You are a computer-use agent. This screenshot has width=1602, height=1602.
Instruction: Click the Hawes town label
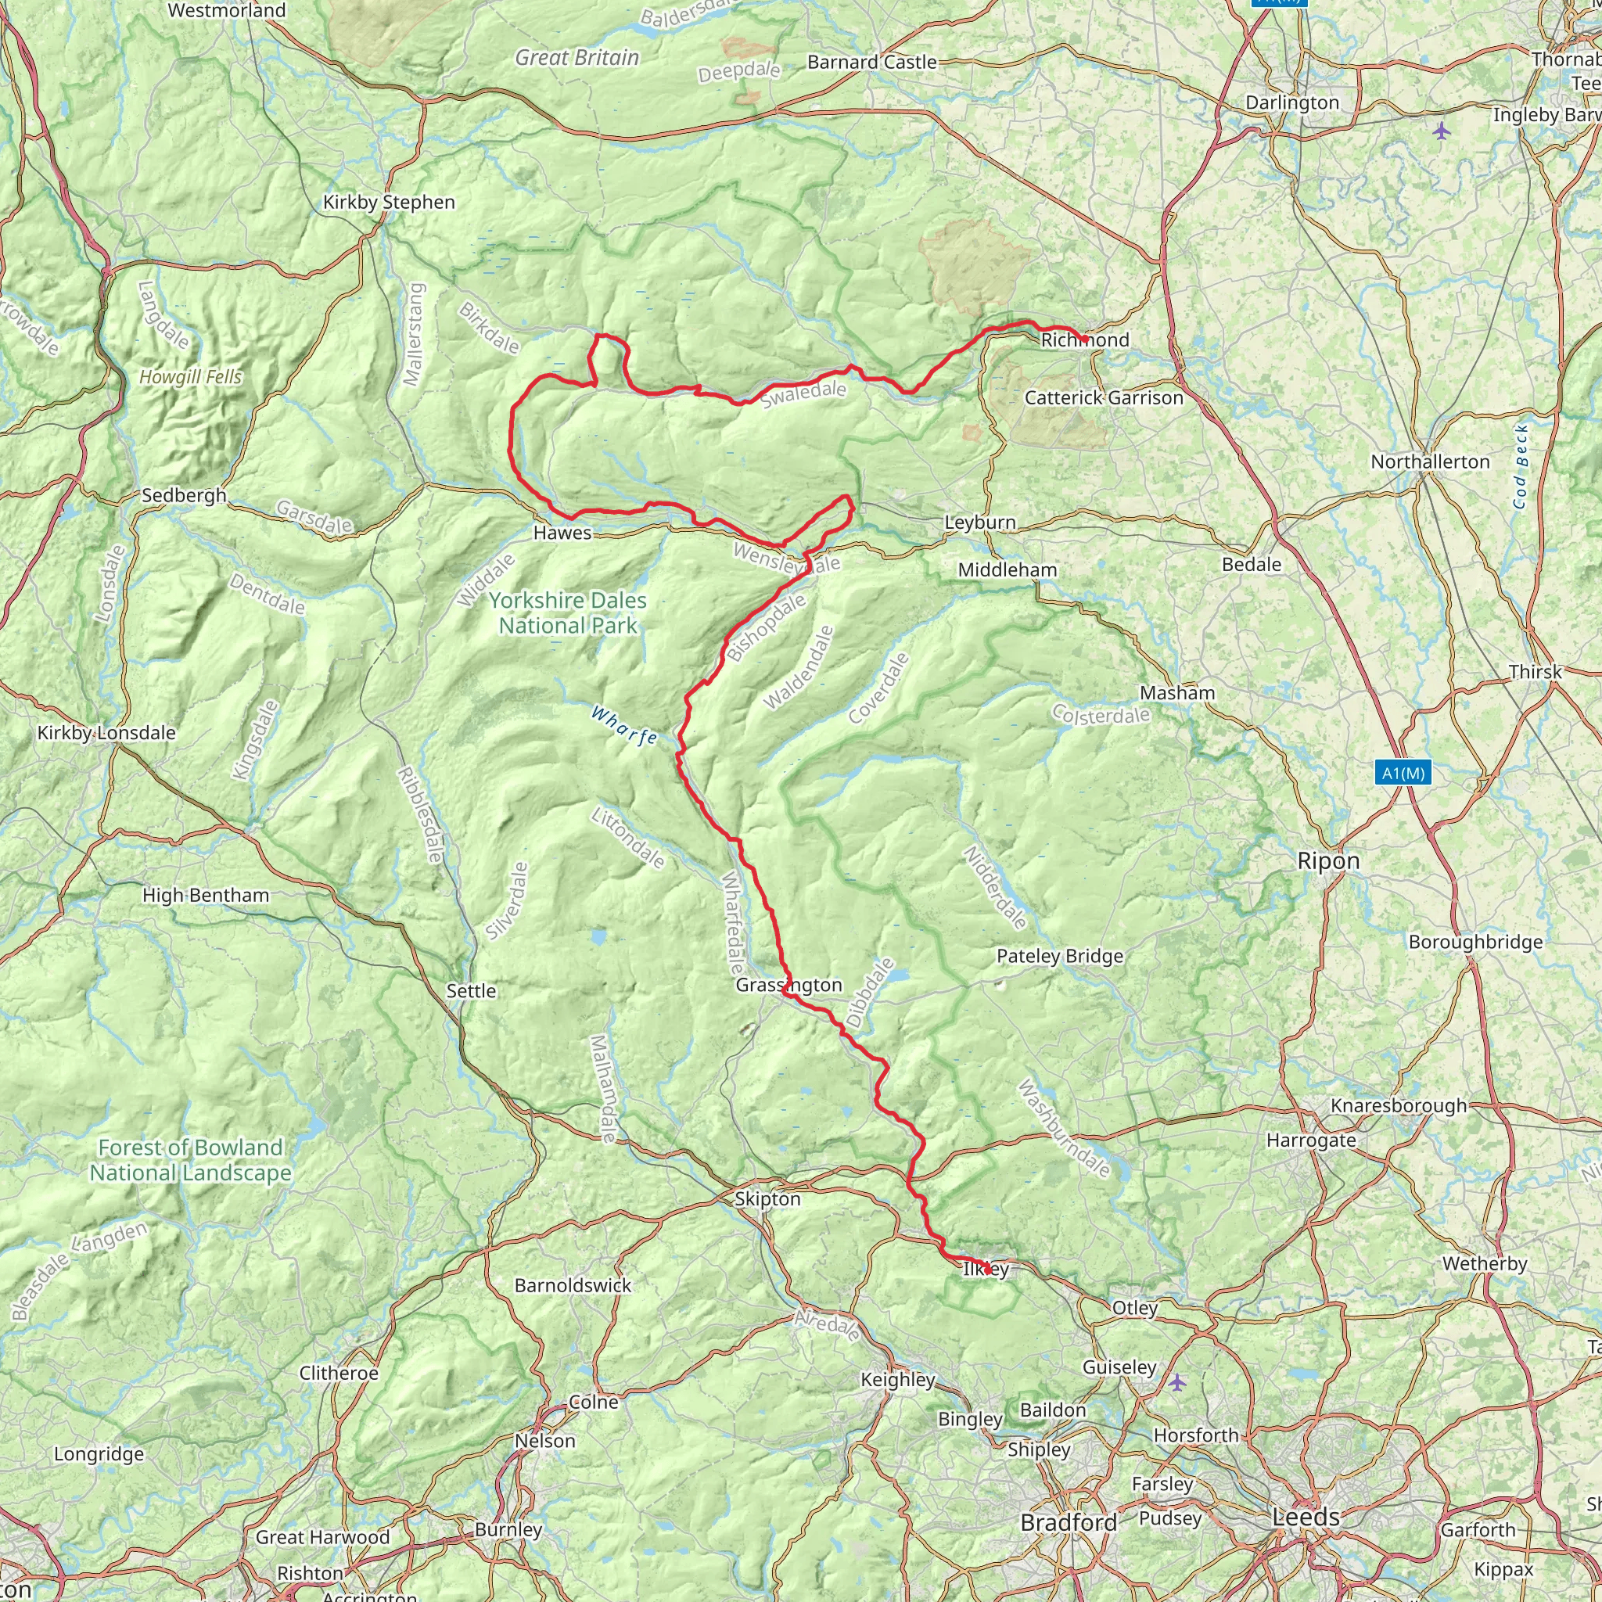(x=562, y=533)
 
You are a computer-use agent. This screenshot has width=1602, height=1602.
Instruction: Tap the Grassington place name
(x=788, y=985)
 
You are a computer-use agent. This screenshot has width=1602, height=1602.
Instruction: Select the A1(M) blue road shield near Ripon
(x=1403, y=773)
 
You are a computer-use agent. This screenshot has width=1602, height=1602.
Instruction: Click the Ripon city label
(x=1328, y=860)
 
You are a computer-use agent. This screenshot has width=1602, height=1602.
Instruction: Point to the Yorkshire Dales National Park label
(x=568, y=612)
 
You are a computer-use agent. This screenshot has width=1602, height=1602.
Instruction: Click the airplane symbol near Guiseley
(x=1177, y=1381)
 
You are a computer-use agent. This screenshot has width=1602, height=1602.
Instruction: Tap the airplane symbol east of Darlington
(x=1442, y=130)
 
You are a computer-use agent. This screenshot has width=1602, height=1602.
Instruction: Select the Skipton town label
(x=768, y=1199)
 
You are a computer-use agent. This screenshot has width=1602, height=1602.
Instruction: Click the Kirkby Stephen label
(x=389, y=203)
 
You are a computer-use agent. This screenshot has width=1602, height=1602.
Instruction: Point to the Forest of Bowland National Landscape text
(x=191, y=1160)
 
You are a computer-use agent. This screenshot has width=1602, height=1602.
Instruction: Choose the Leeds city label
(x=1306, y=1518)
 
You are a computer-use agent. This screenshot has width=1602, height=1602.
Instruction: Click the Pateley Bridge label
(x=1060, y=956)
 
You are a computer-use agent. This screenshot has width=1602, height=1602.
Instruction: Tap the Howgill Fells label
(x=191, y=377)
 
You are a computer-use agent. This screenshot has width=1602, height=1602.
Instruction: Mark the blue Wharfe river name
(x=624, y=726)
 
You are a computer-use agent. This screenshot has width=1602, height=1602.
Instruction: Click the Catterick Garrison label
(x=1104, y=398)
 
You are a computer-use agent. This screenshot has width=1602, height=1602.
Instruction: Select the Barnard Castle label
(x=872, y=63)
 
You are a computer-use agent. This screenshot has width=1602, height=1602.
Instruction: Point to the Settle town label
(x=471, y=991)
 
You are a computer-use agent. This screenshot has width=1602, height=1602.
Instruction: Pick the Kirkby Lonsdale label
(x=106, y=733)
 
